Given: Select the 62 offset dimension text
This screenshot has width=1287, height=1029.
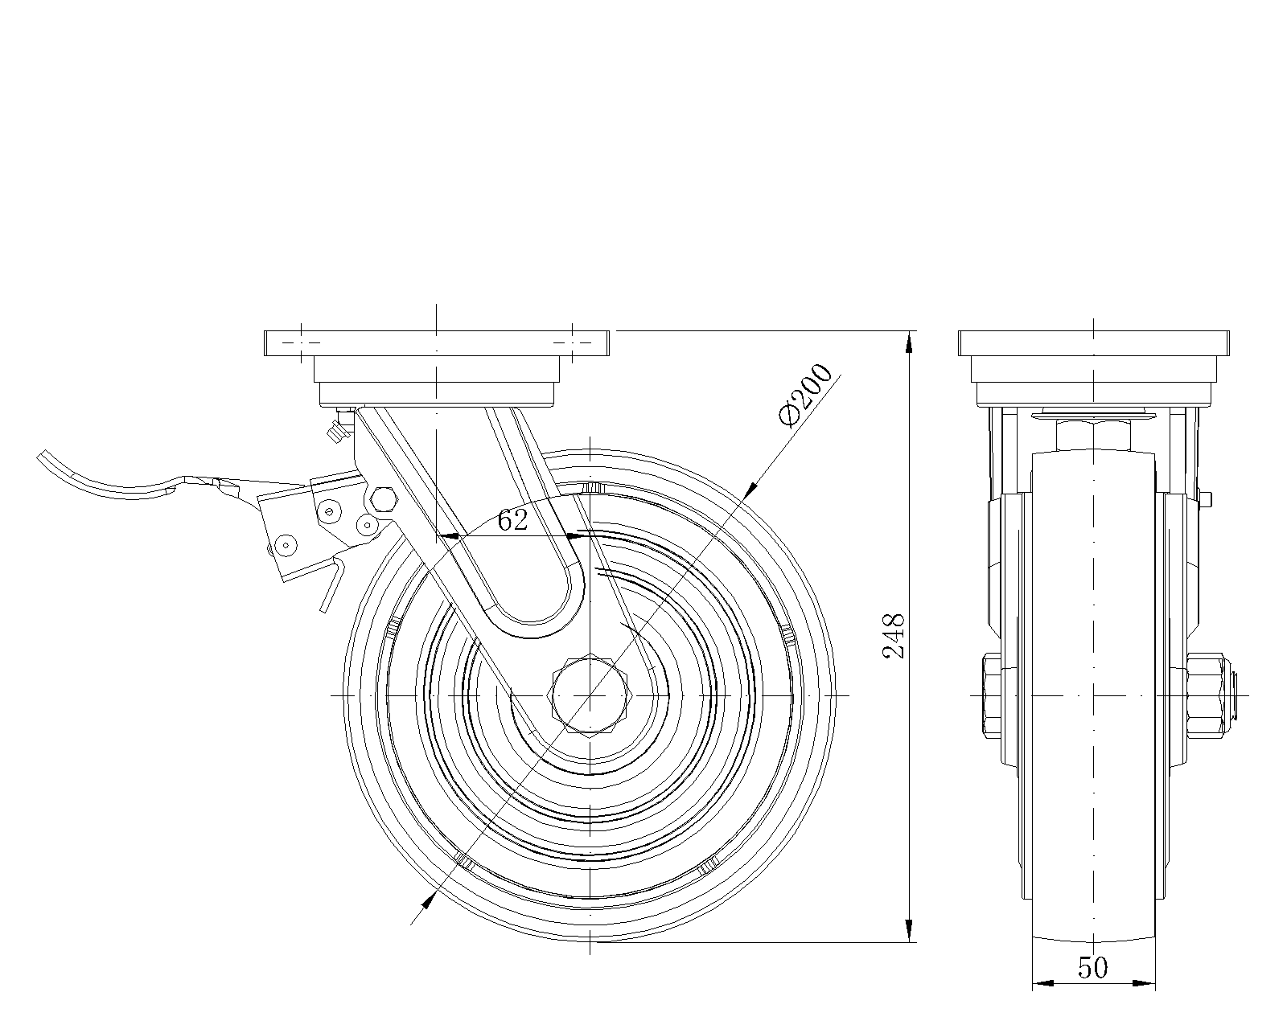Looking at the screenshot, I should [512, 521].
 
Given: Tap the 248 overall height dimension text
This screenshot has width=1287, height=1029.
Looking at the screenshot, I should [894, 635].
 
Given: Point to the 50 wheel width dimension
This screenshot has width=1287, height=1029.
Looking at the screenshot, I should [1092, 968].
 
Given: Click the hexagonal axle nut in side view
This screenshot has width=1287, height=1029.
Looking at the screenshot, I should [590, 694].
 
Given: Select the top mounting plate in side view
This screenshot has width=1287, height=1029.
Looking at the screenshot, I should [436, 342].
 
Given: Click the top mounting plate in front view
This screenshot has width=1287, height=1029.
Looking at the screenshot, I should [1094, 342].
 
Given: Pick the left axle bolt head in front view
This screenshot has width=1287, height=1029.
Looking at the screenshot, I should [990, 694].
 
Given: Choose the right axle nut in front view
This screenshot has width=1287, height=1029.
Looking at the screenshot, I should [1207, 694].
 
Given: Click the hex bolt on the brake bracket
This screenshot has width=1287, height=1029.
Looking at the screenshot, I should [383, 499].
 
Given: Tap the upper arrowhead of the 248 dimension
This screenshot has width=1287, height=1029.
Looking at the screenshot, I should [910, 342].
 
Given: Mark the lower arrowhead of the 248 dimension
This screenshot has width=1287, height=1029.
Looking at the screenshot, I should [910, 930].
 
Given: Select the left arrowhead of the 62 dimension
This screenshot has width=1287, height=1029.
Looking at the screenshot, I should [448, 535].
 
